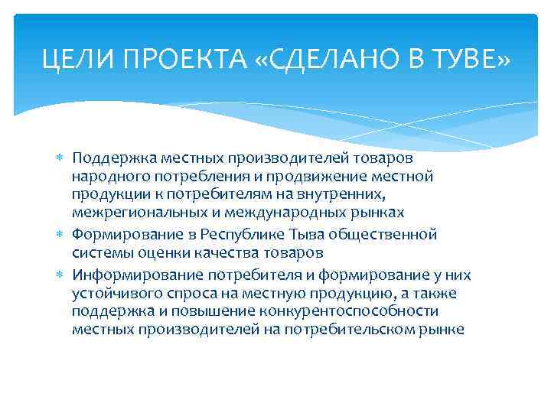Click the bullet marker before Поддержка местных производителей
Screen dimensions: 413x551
tap(62, 158)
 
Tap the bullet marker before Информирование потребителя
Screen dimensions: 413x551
tap(62, 274)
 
